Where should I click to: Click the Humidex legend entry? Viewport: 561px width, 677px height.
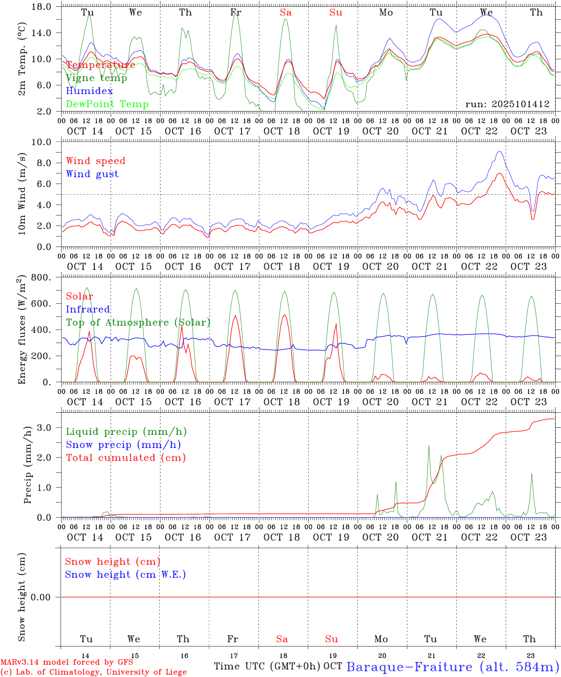point(89,91)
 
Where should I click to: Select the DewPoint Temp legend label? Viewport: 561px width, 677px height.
point(107,104)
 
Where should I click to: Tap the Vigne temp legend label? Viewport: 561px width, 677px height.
point(96,78)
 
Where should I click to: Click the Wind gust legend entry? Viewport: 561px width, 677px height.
point(92,174)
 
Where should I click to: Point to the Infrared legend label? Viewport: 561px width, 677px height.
point(88,309)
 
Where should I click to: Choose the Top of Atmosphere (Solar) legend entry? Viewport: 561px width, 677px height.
point(138,323)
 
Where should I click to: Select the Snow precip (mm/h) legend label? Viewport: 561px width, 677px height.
point(123,445)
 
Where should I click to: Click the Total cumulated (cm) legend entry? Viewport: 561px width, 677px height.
point(125,458)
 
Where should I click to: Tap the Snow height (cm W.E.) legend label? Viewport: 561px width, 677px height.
point(125,575)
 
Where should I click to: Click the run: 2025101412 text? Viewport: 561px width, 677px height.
point(507,104)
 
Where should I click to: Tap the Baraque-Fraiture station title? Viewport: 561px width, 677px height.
point(453,667)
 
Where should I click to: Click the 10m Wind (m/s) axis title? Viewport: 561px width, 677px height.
point(22,194)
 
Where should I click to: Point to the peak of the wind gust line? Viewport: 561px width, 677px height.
point(499,151)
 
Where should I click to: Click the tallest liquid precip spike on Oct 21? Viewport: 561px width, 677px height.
point(429,446)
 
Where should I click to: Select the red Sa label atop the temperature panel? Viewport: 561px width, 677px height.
point(286,13)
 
